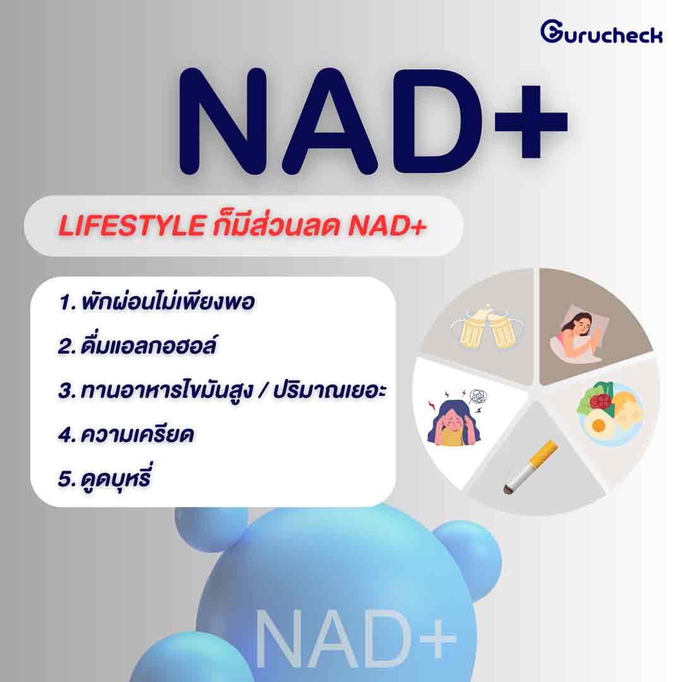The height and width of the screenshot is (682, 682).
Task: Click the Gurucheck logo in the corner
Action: pyautogui.click(x=602, y=32)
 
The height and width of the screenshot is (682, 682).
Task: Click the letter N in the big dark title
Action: pyautogui.click(x=223, y=121)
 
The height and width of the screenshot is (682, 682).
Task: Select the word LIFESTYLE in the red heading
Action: pyautogui.click(x=132, y=225)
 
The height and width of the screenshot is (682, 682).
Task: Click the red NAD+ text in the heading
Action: pyautogui.click(x=387, y=225)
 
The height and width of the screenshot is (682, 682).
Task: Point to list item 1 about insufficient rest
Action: pyautogui.click(x=157, y=301)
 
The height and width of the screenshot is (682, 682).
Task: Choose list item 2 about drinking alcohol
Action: pyautogui.click(x=137, y=345)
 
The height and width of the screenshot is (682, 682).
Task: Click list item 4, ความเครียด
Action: pyautogui.click(x=126, y=434)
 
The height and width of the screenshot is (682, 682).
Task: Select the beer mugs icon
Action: pyautogui.click(x=487, y=326)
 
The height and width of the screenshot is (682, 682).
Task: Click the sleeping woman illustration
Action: pyautogui.click(x=579, y=333)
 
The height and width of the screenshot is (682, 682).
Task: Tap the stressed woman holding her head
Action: pyautogui.click(x=454, y=422)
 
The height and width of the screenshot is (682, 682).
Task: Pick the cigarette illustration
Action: pyautogui.click(x=530, y=467)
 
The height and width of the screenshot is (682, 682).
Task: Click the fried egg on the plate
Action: pyautogui.click(x=599, y=425)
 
